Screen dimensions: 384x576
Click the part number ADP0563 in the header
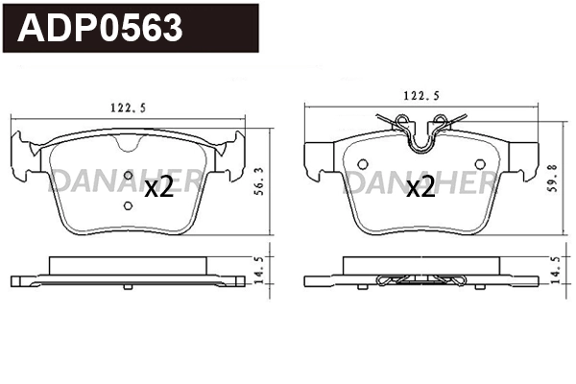102,28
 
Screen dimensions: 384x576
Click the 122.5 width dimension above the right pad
421,96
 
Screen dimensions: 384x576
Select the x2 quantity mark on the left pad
157,188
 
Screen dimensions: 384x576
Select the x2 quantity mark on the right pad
420,188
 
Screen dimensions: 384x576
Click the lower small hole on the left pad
129,204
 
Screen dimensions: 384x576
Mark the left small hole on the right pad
365,161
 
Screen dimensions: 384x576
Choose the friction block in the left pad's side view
129,266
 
